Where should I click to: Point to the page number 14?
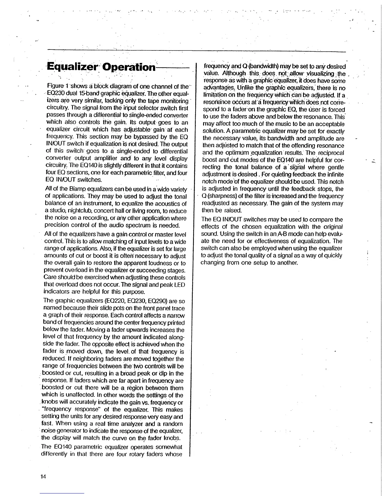click(x=43, y=477)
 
